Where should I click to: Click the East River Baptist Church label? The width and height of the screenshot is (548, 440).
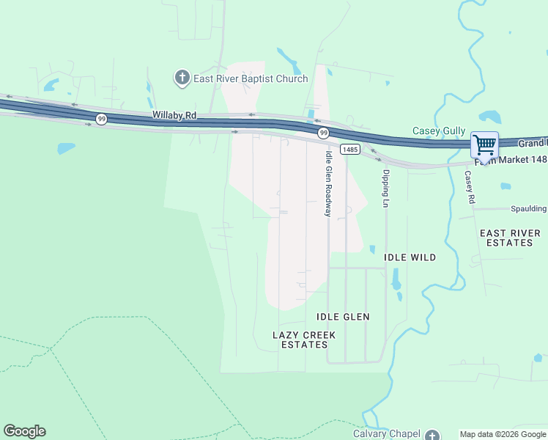pos(251,78)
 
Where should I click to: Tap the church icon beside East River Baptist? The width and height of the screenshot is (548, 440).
pos(182,77)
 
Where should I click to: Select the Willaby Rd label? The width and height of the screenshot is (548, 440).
pos(175,115)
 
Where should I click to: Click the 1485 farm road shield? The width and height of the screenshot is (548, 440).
pos(350,149)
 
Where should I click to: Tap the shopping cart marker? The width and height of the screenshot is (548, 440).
pos(484,144)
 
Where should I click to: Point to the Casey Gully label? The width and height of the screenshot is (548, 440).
pos(439,131)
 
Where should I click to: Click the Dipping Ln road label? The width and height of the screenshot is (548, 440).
pos(385,188)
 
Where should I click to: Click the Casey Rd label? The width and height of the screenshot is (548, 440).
pos(470,188)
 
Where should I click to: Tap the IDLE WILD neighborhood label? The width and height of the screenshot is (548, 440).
pos(410,257)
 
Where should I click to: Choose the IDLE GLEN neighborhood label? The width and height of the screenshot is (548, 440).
pos(343,317)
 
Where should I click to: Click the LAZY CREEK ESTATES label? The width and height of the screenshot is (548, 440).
pos(304,340)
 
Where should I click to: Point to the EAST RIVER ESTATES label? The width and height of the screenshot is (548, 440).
pos(510,238)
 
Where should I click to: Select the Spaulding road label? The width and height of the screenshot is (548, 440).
pos(529,209)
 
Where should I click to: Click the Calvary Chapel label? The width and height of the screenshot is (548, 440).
pos(393,433)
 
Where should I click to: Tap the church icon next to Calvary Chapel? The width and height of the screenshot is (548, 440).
pos(433,435)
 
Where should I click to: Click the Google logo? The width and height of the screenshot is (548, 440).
pos(24,431)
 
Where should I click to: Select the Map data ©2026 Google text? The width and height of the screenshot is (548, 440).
pos(503,434)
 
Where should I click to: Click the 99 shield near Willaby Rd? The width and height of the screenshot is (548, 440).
pos(101,119)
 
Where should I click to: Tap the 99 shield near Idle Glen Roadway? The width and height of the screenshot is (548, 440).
pos(323,133)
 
